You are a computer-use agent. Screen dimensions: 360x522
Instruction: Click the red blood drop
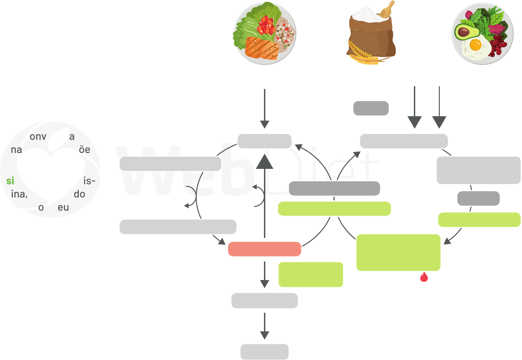point(424,277)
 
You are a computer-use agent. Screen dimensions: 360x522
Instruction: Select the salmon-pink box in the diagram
point(264,249)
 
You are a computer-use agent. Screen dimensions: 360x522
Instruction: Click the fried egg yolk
point(475,45)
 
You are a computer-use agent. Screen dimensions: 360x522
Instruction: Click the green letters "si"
point(10,181)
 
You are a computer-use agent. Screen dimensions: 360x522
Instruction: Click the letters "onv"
point(38,137)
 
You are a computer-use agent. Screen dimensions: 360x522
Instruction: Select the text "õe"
point(85,150)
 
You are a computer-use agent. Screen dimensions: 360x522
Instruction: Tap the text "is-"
point(89,181)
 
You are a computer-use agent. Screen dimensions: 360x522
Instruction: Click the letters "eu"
point(63,207)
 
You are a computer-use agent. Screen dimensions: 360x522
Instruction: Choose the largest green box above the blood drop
point(398,252)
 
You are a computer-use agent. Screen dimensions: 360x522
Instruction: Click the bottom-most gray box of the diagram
point(264,352)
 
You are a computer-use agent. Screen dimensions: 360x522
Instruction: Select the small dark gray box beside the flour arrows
point(371,108)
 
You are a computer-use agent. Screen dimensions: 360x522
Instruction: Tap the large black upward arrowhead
point(264,161)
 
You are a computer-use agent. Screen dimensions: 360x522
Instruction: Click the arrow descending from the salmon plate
point(264,109)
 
